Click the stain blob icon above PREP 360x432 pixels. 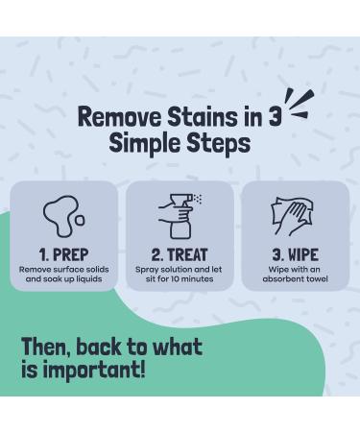[x=61, y=218]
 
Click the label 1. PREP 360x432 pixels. [x=63, y=254]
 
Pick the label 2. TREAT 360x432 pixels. [x=180, y=254]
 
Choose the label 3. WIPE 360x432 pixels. [x=295, y=254]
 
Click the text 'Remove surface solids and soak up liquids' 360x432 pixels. [x=63, y=275]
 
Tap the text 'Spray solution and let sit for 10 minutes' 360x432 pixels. [x=180, y=275]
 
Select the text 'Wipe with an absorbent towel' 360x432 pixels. [x=295, y=275]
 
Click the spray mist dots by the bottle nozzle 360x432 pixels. [x=197, y=200]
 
